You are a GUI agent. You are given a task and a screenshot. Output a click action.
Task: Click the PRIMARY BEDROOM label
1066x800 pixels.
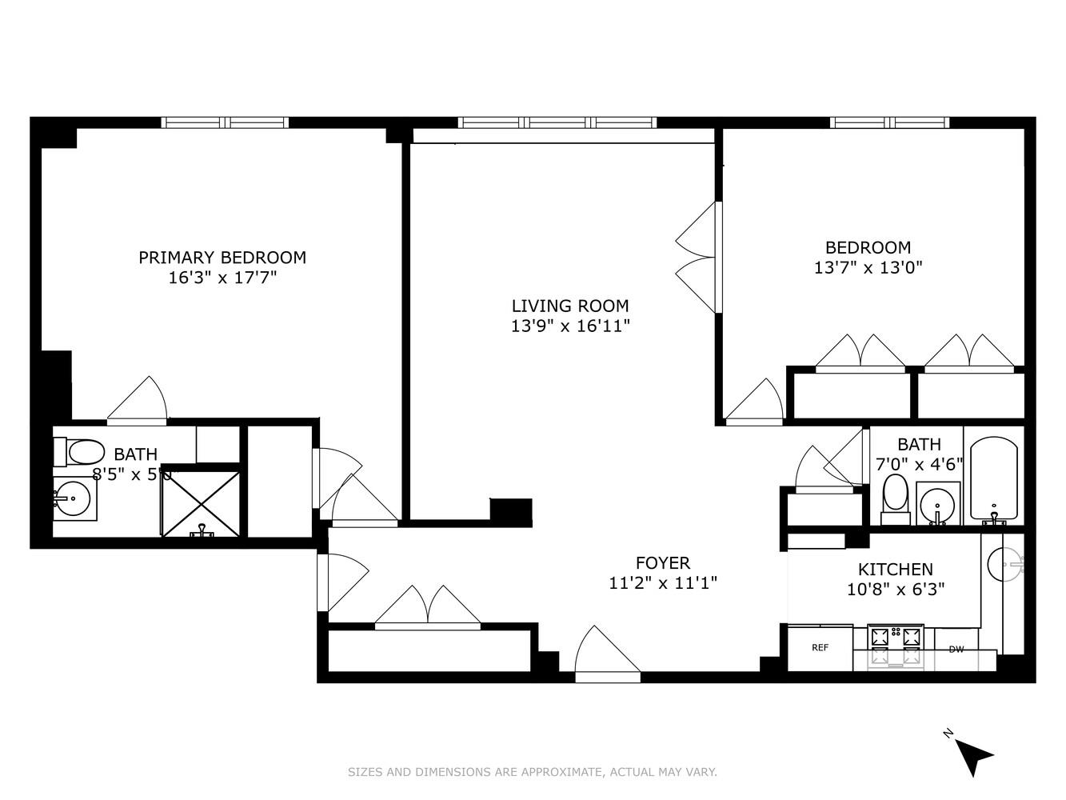[222, 258]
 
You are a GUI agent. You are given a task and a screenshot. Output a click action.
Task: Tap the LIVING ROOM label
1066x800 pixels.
[570, 306]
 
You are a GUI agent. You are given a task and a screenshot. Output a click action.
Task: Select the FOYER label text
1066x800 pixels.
[662, 563]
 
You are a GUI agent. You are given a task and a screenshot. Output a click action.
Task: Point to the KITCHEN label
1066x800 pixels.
[895, 570]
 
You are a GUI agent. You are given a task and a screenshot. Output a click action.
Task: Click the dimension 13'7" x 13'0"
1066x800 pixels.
[868, 268]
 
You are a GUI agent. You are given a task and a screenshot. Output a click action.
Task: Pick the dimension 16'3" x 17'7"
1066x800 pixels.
[222, 278]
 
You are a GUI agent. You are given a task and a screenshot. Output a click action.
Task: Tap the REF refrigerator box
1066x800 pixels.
[820, 648]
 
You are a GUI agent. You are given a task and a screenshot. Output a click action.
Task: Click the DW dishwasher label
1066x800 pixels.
[956, 649]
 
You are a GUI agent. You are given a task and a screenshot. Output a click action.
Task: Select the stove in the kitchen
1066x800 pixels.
[896, 645]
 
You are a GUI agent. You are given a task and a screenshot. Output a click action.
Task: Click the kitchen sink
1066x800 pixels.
[1004, 564]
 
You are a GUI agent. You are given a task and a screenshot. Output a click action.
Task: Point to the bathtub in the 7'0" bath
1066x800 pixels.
[993, 480]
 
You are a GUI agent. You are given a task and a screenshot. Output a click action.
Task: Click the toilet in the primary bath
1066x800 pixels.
[80, 453]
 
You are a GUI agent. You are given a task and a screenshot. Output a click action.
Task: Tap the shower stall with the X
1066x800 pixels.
[201, 503]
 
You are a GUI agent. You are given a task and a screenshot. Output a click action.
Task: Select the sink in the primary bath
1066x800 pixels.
[73, 498]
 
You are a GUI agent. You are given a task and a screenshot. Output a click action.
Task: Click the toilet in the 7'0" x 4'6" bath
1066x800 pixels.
[895, 496]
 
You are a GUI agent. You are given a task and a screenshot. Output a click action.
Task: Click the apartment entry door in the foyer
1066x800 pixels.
[607, 653]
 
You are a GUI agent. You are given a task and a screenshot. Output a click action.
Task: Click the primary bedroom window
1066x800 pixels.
[224, 122]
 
